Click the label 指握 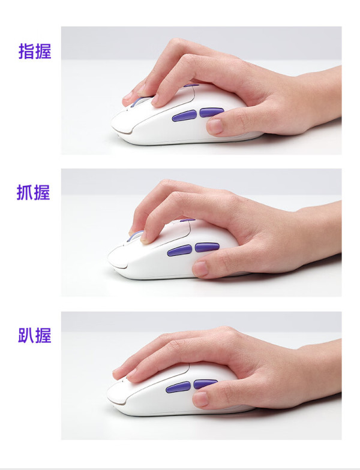click(x=35, y=52)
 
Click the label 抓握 click(x=34, y=192)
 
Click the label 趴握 click(x=35, y=335)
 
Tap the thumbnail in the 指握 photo click(x=215, y=126)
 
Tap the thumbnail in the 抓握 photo click(x=200, y=269)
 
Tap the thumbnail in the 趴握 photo click(x=200, y=399)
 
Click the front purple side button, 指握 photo click(x=185, y=116)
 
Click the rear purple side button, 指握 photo click(x=211, y=112)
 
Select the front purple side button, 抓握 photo click(x=180, y=251)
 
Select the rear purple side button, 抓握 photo click(x=207, y=247)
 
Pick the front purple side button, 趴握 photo click(x=178, y=387)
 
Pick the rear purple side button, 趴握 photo click(x=205, y=384)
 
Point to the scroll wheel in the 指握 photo click(x=137, y=101)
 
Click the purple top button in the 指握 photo click(x=191, y=85)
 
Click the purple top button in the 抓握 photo click(x=188, y=221)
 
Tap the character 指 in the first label click(x=26, y=52)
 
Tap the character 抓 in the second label click(x=25, y=192)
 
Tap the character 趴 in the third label click(x=26, y=335)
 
